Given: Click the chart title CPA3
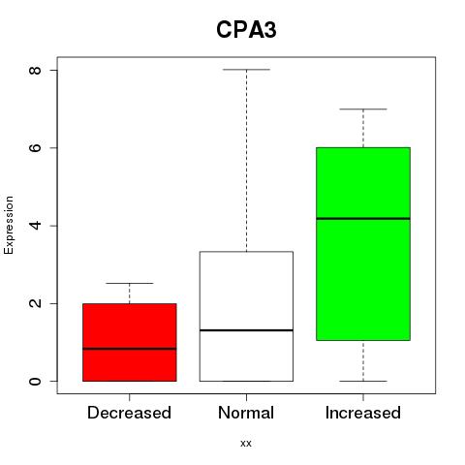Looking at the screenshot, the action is point(246,30).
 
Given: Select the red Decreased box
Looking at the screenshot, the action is point(130,342).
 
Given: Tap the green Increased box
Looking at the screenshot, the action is point(363,244).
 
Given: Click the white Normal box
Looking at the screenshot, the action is point(246,316).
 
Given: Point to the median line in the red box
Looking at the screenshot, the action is point(130,349).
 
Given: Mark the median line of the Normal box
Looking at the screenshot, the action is point(246,330).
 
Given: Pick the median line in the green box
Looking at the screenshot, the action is point(363,219).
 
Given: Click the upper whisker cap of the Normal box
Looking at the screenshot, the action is point(246,70).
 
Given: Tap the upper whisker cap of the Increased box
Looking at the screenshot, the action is point(363,109).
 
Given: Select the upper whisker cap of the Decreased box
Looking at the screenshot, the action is point(130,283).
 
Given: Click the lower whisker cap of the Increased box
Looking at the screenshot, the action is point(363,381).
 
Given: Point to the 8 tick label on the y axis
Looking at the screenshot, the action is point(35,70).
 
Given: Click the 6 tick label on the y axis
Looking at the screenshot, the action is point(35,147).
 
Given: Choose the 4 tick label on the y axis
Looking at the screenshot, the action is point(35,226).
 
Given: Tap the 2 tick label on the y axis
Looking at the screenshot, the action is point(35,303).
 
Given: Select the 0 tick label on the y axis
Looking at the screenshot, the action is point(35,381).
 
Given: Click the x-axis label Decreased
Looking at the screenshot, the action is point(129,413).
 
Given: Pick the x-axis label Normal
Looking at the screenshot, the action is point(246,413).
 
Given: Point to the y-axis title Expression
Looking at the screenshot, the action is point(9,225).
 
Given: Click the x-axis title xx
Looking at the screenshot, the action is point(246,444).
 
